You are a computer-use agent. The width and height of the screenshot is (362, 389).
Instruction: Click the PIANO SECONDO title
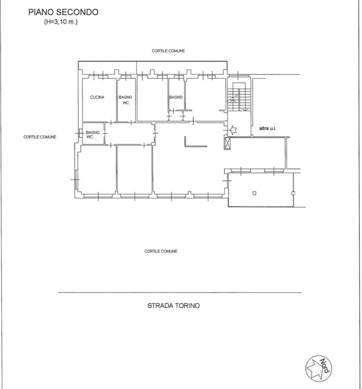coord(63,12)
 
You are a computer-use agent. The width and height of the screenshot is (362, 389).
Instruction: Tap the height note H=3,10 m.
coord(61,22)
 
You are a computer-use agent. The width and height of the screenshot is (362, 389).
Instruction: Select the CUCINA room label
coord(97,97)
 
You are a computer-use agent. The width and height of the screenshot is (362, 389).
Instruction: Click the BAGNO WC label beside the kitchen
coord(125,100)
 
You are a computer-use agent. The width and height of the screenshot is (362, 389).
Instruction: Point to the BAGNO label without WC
coord(176,97)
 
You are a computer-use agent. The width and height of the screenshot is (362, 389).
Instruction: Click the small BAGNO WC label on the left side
coord(92,135)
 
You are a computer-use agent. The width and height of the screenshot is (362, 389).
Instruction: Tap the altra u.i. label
coord(268,128)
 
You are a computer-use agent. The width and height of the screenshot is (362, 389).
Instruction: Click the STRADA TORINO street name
coord(173,305)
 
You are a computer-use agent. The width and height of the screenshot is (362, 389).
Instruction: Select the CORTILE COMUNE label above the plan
coord(168,51)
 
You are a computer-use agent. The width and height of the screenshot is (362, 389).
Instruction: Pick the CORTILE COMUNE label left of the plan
coord(40,137)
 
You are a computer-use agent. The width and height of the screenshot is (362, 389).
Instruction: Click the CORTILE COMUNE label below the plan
coord(161,251)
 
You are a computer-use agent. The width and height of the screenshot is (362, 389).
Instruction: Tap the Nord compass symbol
coord(319,368)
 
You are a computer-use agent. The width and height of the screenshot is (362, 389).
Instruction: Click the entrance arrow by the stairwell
coord(233,130)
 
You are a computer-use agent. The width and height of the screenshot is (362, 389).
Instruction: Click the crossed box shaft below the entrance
coord(227,143)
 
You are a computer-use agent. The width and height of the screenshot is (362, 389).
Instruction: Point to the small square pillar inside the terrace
coord(254,193)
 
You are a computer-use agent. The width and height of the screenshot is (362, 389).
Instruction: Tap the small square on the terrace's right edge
coord(293,193)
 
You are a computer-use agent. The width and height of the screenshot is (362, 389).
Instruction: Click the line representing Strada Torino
coord(180,293)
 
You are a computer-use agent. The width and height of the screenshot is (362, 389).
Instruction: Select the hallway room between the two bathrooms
coord(129,134)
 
